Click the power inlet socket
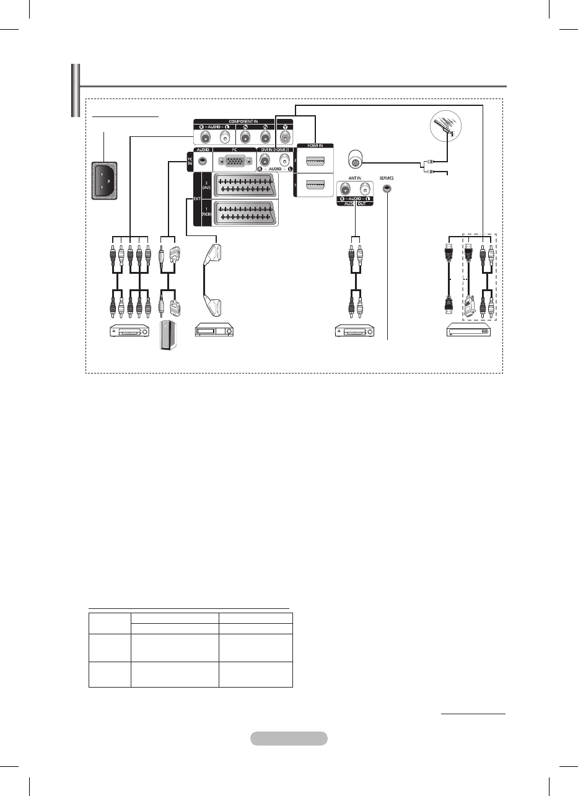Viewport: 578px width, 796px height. pyautogui.click(x=101, y=180)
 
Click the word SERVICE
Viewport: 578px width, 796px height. pyautogui.click(x=387, y=178)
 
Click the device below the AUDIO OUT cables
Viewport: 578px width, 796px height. pyautogui.click(x=355, y=331)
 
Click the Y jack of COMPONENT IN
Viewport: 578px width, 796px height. pyautogui.click(x=286, y=138)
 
